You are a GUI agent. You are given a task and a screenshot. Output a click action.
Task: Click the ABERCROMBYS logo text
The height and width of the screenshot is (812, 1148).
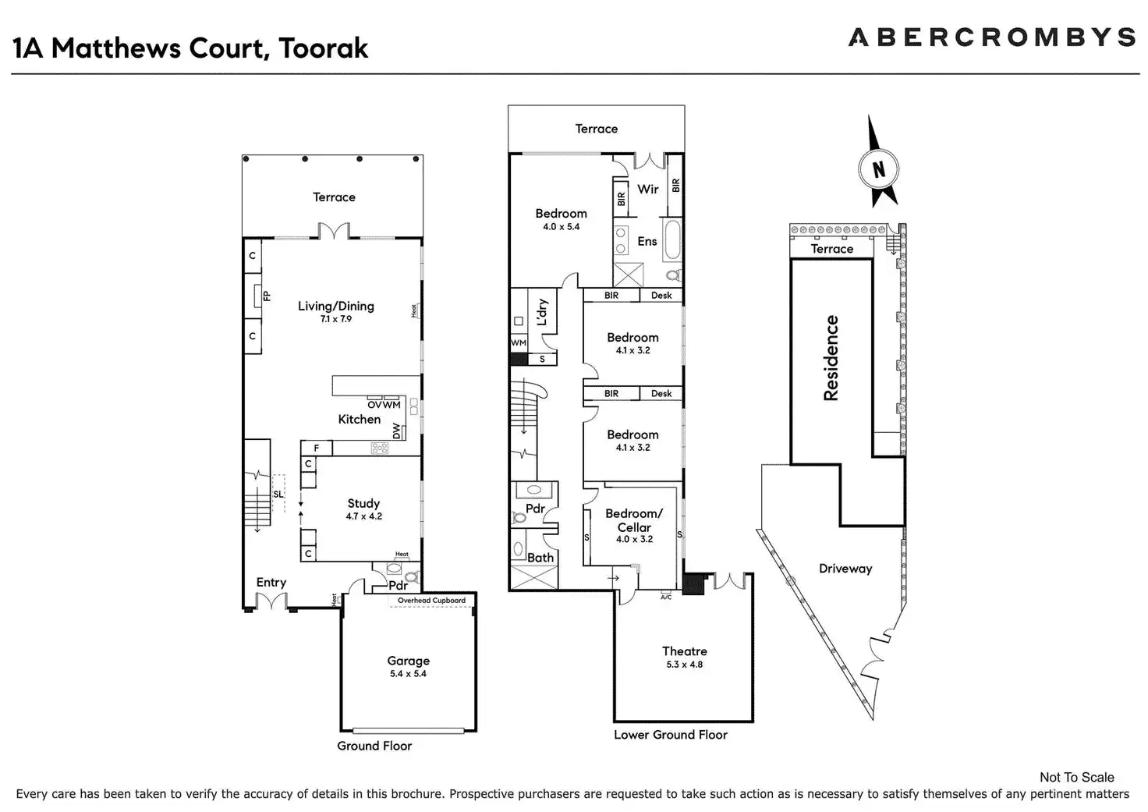990,37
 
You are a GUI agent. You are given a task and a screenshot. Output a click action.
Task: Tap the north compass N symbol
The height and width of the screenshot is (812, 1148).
879,169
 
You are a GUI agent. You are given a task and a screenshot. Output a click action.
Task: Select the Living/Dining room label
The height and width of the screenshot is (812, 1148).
335,306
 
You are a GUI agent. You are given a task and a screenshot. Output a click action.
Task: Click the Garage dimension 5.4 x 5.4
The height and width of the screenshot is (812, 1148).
408,674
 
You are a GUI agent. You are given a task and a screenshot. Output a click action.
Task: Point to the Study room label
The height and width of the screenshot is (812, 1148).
363,503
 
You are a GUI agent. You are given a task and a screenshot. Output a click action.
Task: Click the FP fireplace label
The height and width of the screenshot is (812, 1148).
267,296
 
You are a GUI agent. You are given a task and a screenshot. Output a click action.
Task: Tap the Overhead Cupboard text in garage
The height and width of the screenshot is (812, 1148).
431,601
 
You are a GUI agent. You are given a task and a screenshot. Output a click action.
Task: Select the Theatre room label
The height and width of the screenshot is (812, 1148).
684,651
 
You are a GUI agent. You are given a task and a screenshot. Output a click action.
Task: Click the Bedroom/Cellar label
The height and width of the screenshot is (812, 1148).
633,520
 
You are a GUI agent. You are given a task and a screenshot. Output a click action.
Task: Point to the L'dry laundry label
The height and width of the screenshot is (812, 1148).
542,312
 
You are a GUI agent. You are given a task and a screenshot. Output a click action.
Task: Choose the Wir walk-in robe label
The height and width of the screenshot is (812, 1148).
647,189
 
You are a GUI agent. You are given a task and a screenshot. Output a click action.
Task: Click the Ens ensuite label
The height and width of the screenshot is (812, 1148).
647,241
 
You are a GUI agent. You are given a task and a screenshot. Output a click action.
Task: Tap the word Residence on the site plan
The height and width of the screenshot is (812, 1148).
831,358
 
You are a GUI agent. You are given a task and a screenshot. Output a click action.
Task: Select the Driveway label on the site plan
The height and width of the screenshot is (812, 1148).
845,569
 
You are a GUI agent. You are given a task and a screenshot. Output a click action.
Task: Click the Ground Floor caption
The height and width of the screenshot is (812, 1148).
374,746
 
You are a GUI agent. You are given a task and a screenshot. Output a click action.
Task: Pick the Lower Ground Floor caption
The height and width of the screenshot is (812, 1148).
670,735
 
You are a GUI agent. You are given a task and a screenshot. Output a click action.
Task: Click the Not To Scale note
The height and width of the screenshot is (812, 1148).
1076,777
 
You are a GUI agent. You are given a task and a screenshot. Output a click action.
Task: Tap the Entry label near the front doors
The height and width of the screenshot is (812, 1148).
271,582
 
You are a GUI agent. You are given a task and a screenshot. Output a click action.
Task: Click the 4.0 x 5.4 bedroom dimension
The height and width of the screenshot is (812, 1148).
561,227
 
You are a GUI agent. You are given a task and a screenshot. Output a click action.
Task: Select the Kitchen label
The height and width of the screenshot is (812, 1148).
359,419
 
